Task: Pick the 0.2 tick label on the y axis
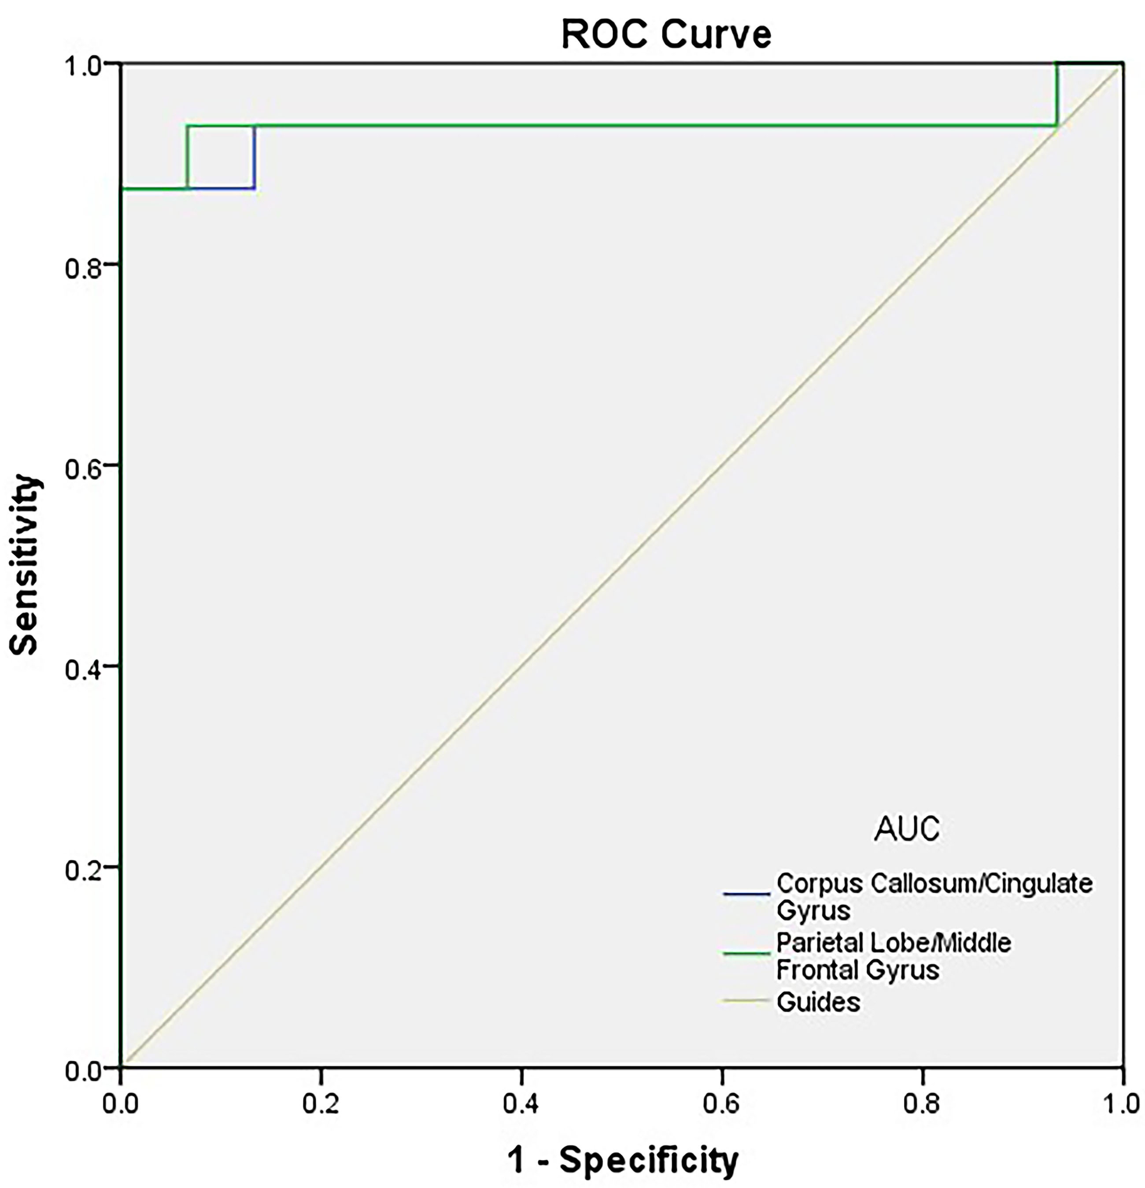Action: click(x=83, y=867)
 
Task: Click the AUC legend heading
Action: click(x=906, y=829)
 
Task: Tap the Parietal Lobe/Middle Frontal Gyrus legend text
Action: click(x=894, y=956)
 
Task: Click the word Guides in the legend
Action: click(x=818, y=1002)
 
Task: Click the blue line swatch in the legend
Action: click(x=746, y=893)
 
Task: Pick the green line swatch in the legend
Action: click(x=746, y=953)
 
